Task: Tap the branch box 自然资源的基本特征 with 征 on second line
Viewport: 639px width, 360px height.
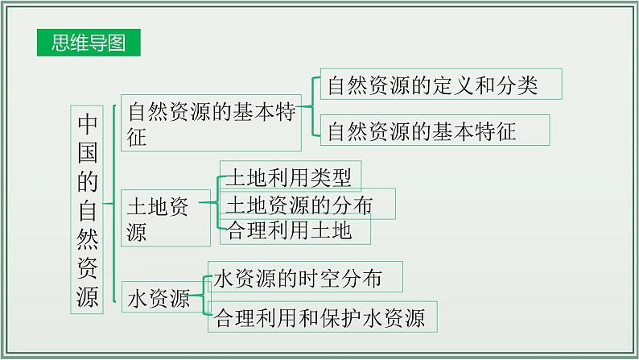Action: pos(211,123)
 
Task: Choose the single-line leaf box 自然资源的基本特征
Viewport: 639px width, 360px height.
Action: pos(435,130)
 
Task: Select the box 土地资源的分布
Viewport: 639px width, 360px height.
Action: pos(307,205)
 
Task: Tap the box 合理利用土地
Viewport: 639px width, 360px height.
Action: pos(295,230)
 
